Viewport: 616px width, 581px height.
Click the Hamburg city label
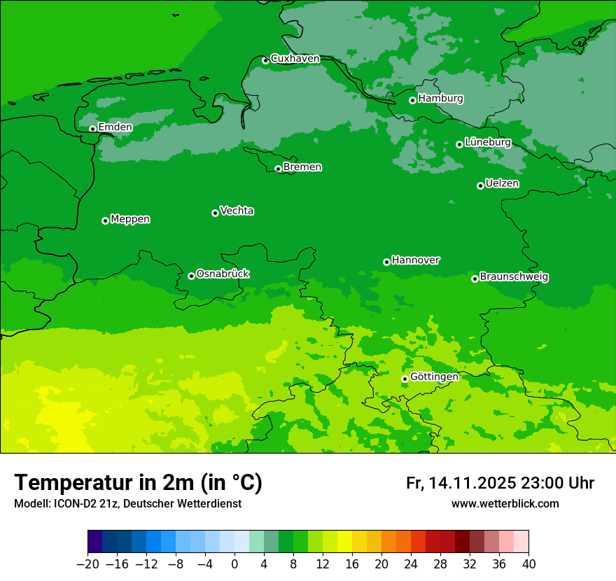440,99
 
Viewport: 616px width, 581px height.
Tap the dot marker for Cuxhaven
265,61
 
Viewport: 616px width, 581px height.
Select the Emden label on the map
115,127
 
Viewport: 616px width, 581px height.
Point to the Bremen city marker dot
278,169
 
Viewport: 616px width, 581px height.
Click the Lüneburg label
487,142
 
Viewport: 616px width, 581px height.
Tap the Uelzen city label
502,183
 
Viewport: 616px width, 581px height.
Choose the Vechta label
237,211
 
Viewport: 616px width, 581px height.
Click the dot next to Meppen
105,220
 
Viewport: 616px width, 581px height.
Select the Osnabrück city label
223,274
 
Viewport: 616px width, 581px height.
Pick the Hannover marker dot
386,262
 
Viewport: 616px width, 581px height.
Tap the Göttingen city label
434,377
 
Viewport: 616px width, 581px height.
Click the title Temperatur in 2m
138,482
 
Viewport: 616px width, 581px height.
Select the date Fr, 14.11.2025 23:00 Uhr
500,483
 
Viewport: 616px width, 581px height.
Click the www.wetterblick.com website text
505,503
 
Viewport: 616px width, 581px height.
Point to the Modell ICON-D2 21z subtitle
127,504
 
